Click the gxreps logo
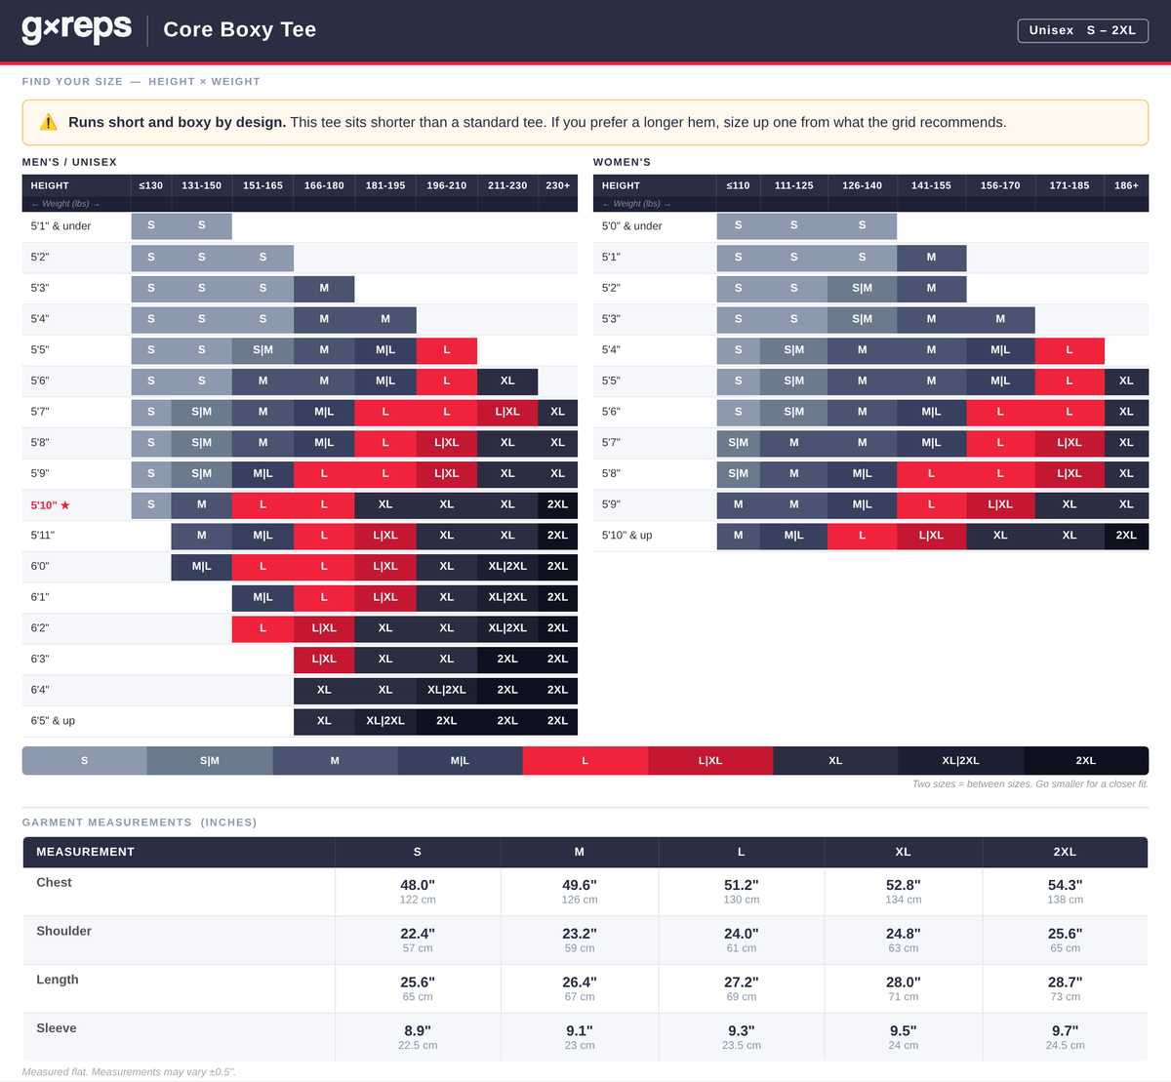(77, 29)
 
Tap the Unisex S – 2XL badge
(1082, 30)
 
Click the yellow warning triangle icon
(49, 122)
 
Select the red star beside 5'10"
(64, 505)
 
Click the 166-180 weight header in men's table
(324, 185)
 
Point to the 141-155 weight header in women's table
(931, 185)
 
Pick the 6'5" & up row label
(53, 721)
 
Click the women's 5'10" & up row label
(626, 536)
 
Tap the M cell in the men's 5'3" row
(324, 289)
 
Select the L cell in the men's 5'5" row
(446, 350)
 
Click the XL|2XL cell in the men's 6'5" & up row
(385, 721)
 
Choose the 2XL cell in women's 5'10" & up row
(1126, 536)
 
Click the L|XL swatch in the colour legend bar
(710, 761)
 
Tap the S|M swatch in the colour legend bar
(210, 761)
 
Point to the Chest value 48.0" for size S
(418, 885)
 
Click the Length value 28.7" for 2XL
(1065, 982)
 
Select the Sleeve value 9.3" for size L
(742, 1030)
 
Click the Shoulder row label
(63, 931)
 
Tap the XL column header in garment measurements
(903, 852)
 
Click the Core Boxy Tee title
(239, 29)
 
